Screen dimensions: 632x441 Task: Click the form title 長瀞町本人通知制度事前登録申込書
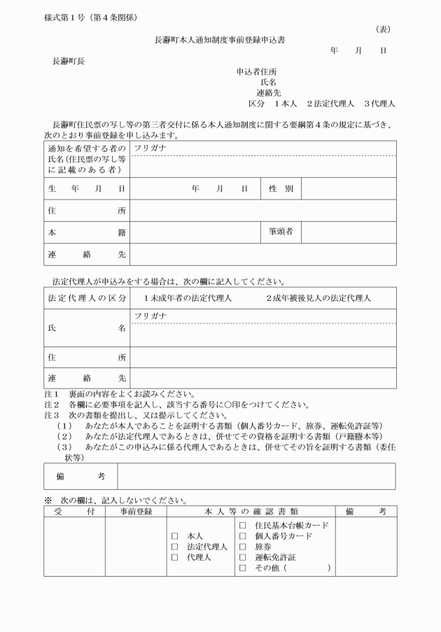tap(219, 40)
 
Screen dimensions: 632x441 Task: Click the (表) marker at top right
tap(383, 29)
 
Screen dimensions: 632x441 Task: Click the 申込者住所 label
tap(257, 71)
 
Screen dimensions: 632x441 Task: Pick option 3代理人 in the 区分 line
tap(379, 104)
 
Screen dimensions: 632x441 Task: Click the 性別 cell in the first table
tap(280, 189)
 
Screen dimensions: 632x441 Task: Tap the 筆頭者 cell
tap(280, 230)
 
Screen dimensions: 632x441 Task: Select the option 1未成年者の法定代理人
tap(187, 298)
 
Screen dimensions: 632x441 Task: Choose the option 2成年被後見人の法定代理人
tap(318, 298)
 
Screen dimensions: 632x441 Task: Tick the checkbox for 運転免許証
tap(243, 557)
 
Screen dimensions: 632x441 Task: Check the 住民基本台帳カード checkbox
tap(243, 525)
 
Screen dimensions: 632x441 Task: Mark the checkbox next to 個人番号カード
tap(243, 536)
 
